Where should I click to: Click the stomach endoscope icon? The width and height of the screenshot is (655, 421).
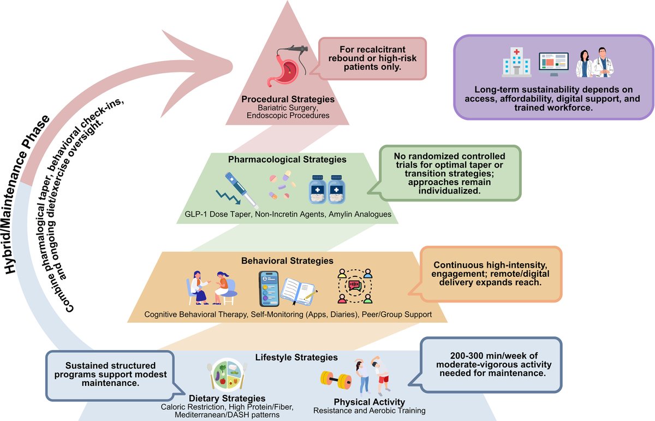point(287,66)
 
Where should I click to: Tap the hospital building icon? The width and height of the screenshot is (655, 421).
point(516,62)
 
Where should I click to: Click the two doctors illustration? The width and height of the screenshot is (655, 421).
point(594,62)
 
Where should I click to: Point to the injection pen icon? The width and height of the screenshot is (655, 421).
point(237,190)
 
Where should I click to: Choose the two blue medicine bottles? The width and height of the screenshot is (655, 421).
point(327,189)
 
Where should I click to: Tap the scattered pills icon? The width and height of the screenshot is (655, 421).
point(282,185)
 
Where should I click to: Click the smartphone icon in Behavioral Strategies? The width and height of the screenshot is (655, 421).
point(269,288)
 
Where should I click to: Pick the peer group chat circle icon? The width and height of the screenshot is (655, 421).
point(355,286)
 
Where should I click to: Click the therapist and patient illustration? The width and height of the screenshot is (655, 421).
point(212,288)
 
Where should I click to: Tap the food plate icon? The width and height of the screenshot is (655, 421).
point(227,375)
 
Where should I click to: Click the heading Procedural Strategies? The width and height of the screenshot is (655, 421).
point(288,99)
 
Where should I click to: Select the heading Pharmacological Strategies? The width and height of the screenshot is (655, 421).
point(287,159)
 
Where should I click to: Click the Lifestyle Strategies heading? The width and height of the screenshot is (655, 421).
point(296,357)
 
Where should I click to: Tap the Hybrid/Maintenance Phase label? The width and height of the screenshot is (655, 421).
point(27,194)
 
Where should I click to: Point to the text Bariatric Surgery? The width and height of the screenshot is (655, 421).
point(287,108)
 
